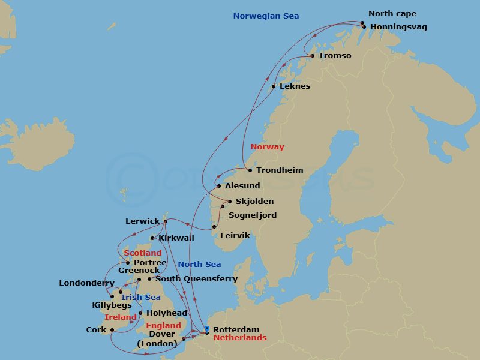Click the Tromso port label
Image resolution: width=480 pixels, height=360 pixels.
pyautogui.click(x=335, y=56)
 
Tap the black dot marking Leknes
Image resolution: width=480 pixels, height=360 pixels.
pyautogui.click(x=274, y=86)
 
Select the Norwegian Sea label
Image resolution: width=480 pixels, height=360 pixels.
pyautogui.click(x=266, y=16)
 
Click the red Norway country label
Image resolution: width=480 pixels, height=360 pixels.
pyautogui.click(x=267, y=147)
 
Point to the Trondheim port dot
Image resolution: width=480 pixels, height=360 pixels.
pyautogui.click(x=250, y=170)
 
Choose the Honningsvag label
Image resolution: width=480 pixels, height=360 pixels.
pyautogui.click(x=398, y=27)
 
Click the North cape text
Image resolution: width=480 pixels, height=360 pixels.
pyautogui.click(x=392, y=14)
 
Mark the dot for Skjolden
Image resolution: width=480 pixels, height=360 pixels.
pyautogui.click(x=229, y=201)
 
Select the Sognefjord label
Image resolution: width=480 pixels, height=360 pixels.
pyautogui.click(x=252, y=215)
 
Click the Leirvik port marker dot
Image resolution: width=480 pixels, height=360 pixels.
pyautogui.click(x=214, y=227)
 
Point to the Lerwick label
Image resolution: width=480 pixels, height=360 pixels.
pyautogui.click(x=142, y=221)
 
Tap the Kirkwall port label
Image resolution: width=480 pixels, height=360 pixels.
pyautogui.click(x=176, y=238)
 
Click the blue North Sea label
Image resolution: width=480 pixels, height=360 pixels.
pyautogui.click(x=199, y=265)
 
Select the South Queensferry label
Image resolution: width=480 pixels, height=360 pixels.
pyautogui.click(x=196, y=279)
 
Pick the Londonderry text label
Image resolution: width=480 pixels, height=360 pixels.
pyautogui.click(x=86, y=283)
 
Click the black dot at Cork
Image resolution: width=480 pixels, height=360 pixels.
pyautogui.click(x=112, y=329)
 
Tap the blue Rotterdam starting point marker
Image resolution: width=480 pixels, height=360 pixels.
pyautogui.click(x=207, y=328)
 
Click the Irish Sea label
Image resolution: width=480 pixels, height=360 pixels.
pyautogui.click(x=140, y=298)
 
